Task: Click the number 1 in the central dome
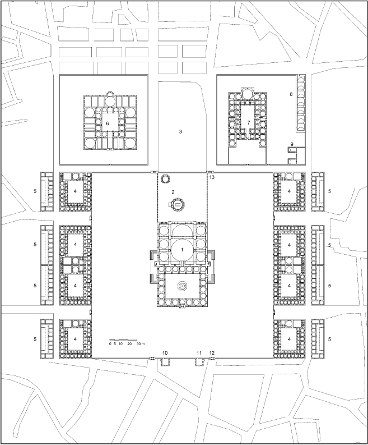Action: (182, 250)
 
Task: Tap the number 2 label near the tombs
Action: (173, 192)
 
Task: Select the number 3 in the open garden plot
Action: (180, 131)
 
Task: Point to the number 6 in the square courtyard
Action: (108, 123)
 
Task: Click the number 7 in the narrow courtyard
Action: (249, 122)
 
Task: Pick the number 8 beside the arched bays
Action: (291, 94)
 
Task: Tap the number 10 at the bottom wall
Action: (165, 353)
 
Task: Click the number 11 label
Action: (199, 353)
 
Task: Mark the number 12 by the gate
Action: (212, 353)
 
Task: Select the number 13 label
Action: (212, 177)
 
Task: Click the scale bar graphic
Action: (123, 340)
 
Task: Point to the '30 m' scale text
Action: (141, 343)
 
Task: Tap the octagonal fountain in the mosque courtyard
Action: (181, 286)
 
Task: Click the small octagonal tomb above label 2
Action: (165, 179)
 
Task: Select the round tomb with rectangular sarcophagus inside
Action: (178, 204)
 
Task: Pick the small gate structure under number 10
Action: (165, 362)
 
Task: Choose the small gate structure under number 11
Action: (199, 362)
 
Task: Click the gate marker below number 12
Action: (212, 359)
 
